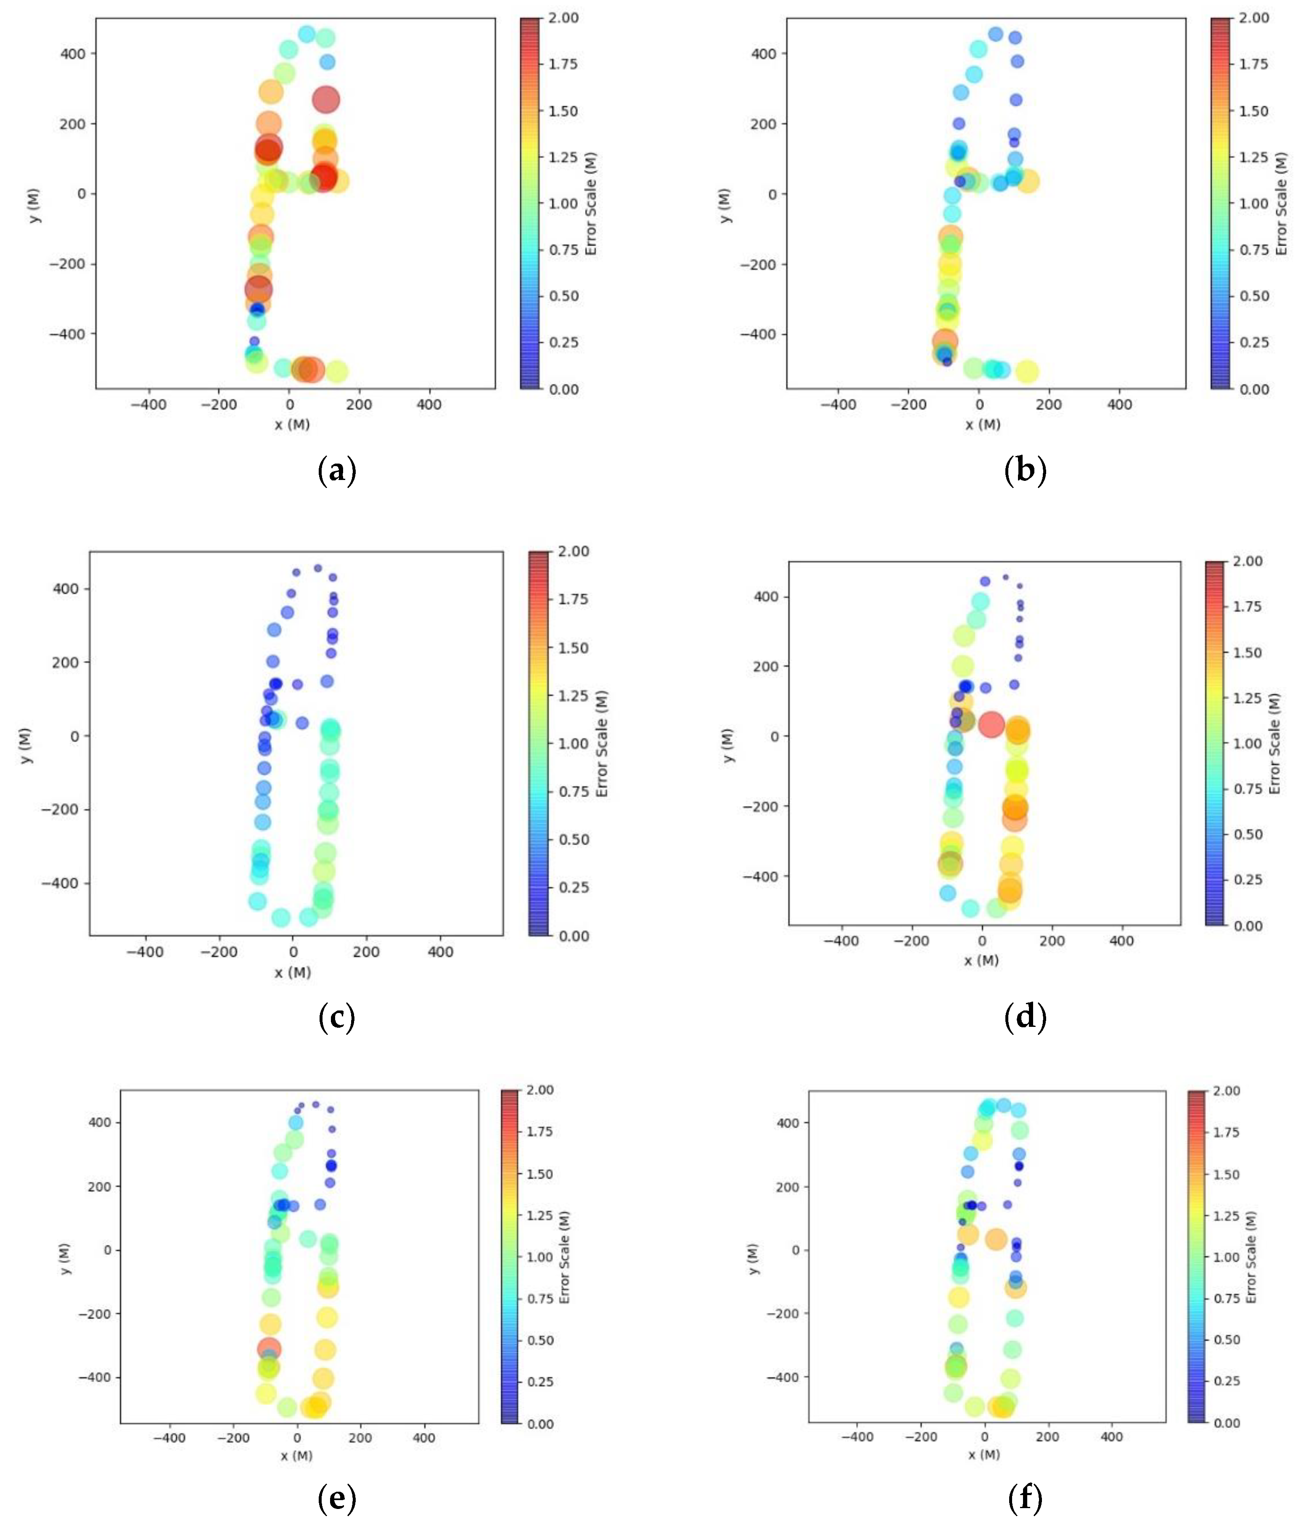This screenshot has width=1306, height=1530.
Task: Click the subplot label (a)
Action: click(337, 469)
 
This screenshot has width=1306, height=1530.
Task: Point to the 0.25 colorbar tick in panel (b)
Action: click(1253, 342)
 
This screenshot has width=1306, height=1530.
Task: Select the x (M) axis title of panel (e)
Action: click(297, 1456)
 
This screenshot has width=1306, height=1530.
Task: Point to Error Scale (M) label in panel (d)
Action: click(1274, 743)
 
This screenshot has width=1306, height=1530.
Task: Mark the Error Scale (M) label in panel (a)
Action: click(591, 204)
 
